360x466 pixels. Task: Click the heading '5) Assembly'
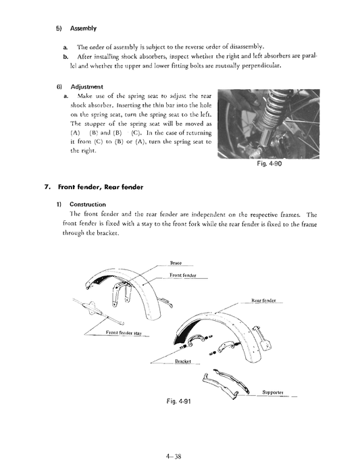point(76,28)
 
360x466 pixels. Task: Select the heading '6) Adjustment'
point(79,87)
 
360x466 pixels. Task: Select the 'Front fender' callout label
point(184,274)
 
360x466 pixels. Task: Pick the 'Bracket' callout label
point(183,361)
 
